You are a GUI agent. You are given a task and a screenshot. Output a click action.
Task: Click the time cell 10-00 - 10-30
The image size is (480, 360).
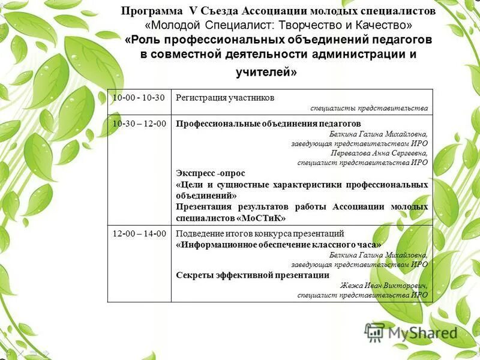pyautogui.click(x=139, y=98)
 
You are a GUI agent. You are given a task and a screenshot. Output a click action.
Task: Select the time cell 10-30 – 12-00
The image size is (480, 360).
pyautogui.click(x=139, y=124)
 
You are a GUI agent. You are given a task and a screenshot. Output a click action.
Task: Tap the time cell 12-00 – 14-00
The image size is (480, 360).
pyautogui.click(x=139, y=234)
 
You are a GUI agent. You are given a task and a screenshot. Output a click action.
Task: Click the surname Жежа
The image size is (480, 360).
pyautogui.click(x=352, y=285)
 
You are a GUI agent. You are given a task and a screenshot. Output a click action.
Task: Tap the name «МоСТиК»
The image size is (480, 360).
pyautogui.click(x=261, y=217)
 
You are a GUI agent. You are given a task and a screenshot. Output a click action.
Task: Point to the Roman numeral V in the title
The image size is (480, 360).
pyautogui.click(x=192, y=11)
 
